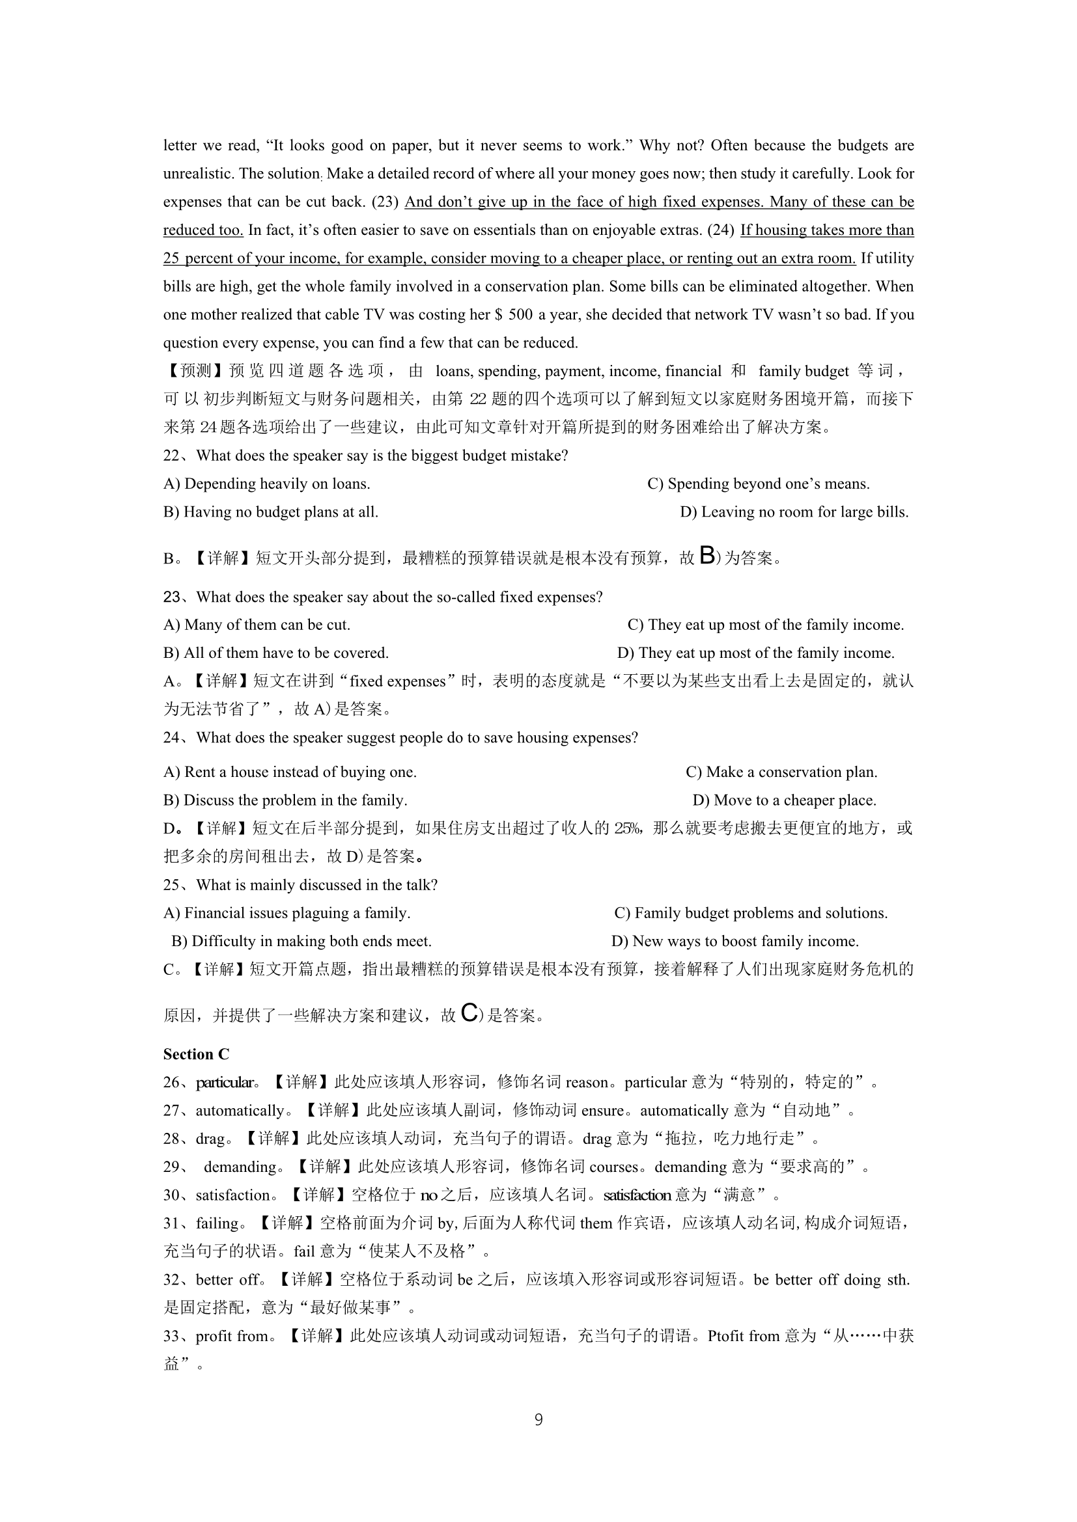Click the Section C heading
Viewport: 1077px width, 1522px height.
tap(195, 1054)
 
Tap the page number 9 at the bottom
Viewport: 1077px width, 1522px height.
tap(538, 1419)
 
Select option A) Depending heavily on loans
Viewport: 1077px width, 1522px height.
tap(266, 484)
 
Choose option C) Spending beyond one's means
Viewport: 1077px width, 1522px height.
tap(758, 484)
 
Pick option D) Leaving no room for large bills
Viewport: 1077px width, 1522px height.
tap(794, 511)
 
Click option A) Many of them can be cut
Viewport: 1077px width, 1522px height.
tap(257, 625)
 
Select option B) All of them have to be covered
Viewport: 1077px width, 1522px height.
tap(276, 653)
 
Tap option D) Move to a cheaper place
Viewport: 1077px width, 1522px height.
tap(784, 800)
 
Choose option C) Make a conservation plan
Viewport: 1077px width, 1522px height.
tap(781, 772)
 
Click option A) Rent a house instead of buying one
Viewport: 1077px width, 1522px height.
tap(290, 772)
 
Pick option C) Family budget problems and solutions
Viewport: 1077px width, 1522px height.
tap(751, 913)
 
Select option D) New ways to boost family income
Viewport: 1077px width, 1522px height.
tap(734, 942)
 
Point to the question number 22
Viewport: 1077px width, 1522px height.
tap(171, 456)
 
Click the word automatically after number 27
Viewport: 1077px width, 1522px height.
tap(240, 1110)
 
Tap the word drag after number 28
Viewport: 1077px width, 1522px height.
tap(210, 1139)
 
